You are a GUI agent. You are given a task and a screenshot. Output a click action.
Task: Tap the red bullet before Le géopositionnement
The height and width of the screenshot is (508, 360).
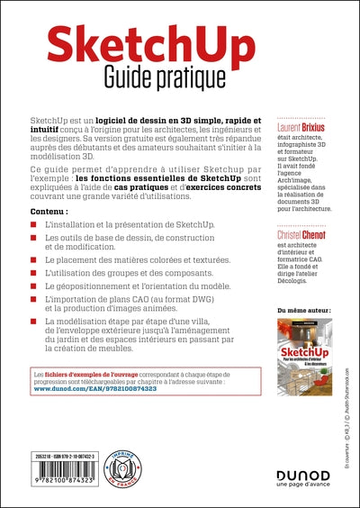(34, 286)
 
